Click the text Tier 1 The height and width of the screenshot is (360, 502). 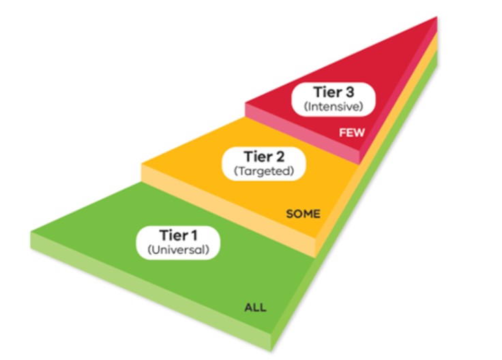click(179, 235)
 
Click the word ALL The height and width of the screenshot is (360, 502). click(255, 308)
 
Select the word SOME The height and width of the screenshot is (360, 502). click(303, 214)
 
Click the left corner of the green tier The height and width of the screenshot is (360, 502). click(31, 233)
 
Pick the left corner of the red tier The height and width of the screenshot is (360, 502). click(246, 104)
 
